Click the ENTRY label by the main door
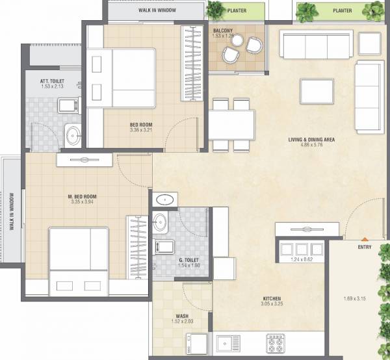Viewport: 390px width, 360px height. (x=365, y=247)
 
